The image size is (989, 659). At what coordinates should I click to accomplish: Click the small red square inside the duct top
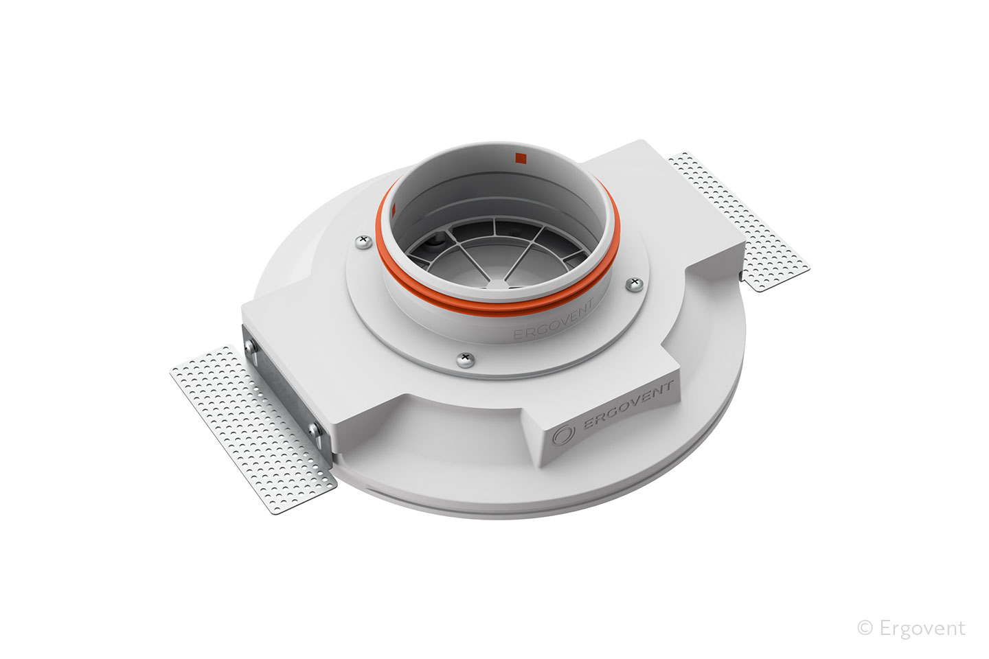[521, 157]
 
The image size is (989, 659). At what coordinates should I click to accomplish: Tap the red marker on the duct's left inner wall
[394, 211]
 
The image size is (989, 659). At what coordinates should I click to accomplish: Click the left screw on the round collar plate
[363, 242]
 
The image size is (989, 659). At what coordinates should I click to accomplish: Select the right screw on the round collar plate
[635, 284]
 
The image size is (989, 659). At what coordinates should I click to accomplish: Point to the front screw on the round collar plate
[466, 360]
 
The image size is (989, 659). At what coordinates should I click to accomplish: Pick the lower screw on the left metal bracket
[315, 429]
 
